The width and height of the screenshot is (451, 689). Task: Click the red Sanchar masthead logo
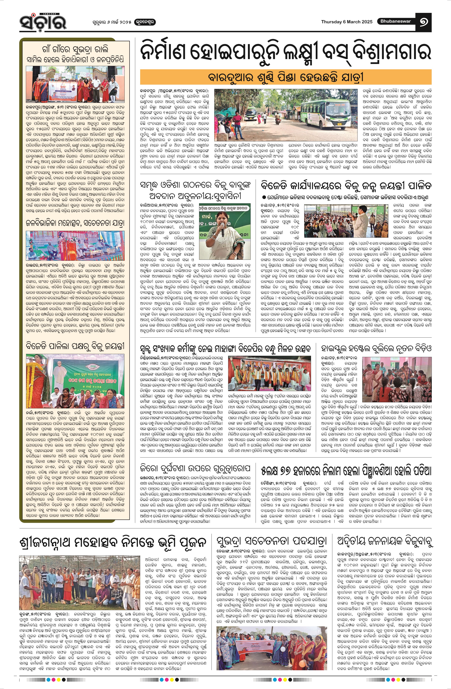(43, 22)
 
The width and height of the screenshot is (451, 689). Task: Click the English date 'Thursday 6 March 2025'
(347, 22)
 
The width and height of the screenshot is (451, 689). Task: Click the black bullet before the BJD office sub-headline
(264, 197)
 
